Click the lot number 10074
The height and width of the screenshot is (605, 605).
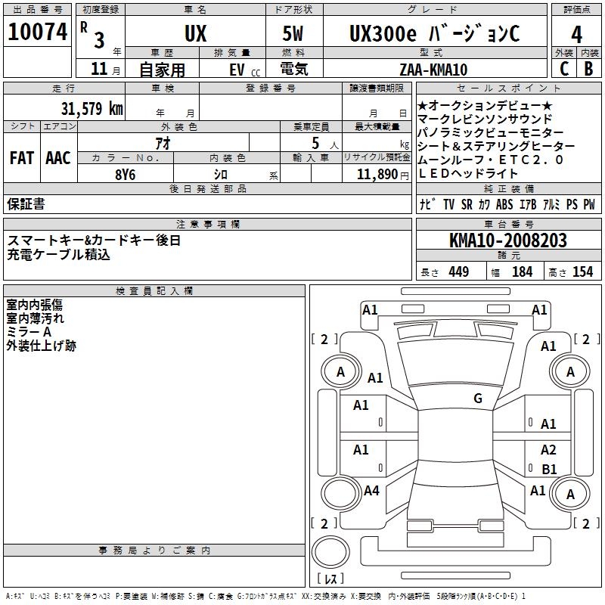point(38,33)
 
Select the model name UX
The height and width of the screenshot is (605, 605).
point(195,33)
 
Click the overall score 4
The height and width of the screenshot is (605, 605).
point(576,33)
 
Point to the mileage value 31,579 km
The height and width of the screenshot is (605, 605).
point(92,108)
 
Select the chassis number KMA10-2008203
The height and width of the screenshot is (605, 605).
point(507,240)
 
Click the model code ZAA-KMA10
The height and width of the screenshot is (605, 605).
point(433,70)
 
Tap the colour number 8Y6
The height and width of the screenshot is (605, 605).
point(125,174)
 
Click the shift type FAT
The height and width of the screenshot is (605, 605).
point(21,158)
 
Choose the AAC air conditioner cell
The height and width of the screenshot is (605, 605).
point(58,158)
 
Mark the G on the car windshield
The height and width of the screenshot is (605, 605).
point(478,399)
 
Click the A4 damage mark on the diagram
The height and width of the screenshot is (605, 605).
point(371,491)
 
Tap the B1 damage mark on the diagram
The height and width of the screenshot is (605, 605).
point(549,469)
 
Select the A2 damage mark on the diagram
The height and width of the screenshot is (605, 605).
point(548,449)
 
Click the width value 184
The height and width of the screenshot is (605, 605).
point(522,272)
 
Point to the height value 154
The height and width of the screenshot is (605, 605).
point(582,272)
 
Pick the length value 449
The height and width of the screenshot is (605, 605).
point(458,272)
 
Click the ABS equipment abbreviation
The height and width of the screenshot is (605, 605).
point(504,205)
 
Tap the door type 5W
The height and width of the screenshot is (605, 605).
point(294,33)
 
